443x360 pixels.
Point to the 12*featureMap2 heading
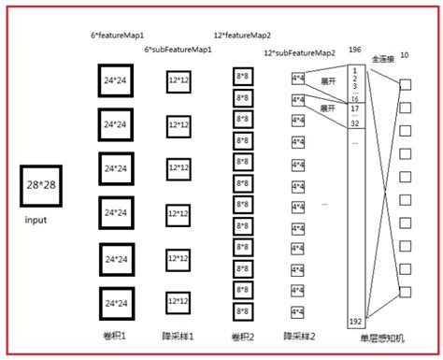[243, 34]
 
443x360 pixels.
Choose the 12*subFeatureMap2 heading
[297, 53]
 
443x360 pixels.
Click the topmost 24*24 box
[117, 81]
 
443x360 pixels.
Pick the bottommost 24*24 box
[117, 303]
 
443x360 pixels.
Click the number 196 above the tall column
[353, 50]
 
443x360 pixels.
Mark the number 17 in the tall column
[355, 108]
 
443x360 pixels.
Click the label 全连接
[383, 59]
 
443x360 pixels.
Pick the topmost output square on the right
[405, 84]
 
